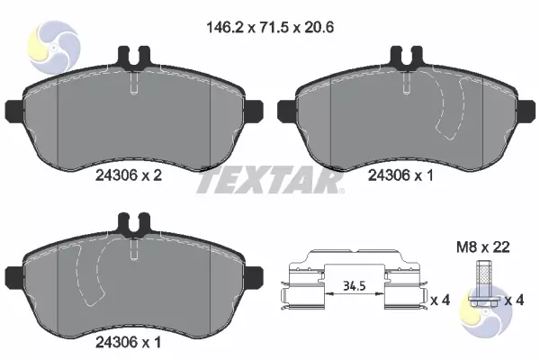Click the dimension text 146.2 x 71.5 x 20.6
[x=270, y=27]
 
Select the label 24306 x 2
[x=129, y=175]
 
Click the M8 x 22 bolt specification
[x=482, y=247]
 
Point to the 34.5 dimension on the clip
[x=354, y=285]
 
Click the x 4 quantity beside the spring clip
[x=440, y=300]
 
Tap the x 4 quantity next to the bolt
[x=514, y=300]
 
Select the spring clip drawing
[x=354, y=280]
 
